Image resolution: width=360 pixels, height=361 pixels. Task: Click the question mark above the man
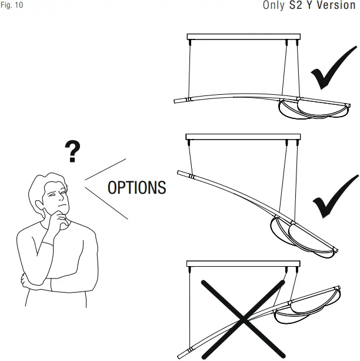(x=72, y=152)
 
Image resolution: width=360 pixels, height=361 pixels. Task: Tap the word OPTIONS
(x=137, y=188)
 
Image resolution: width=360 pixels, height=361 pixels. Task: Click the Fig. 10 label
(x=12, y=6)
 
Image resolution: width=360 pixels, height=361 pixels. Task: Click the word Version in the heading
(x=336, y=6)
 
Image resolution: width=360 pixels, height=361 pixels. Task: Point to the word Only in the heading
(x=274, y=6)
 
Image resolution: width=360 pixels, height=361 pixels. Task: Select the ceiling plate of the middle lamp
(x=243, y=137)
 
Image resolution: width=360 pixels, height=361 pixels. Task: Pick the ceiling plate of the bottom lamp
(x=243, y=264)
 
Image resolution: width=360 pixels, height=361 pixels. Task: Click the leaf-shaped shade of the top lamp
(x=298, y=110)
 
